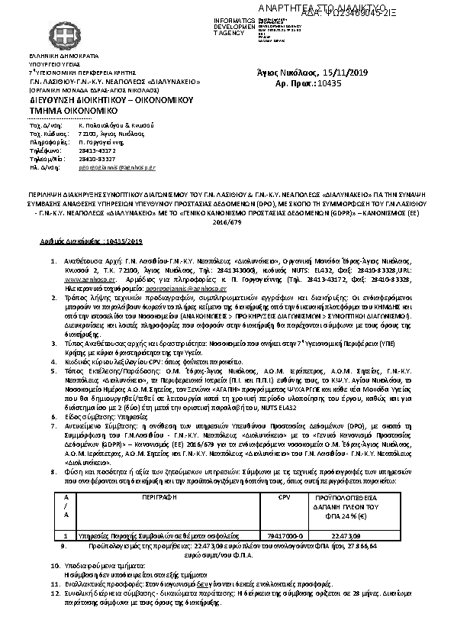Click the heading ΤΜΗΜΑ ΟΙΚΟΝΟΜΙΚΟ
click(x=69, y=111)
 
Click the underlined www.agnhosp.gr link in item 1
click(x=92, y=280)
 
